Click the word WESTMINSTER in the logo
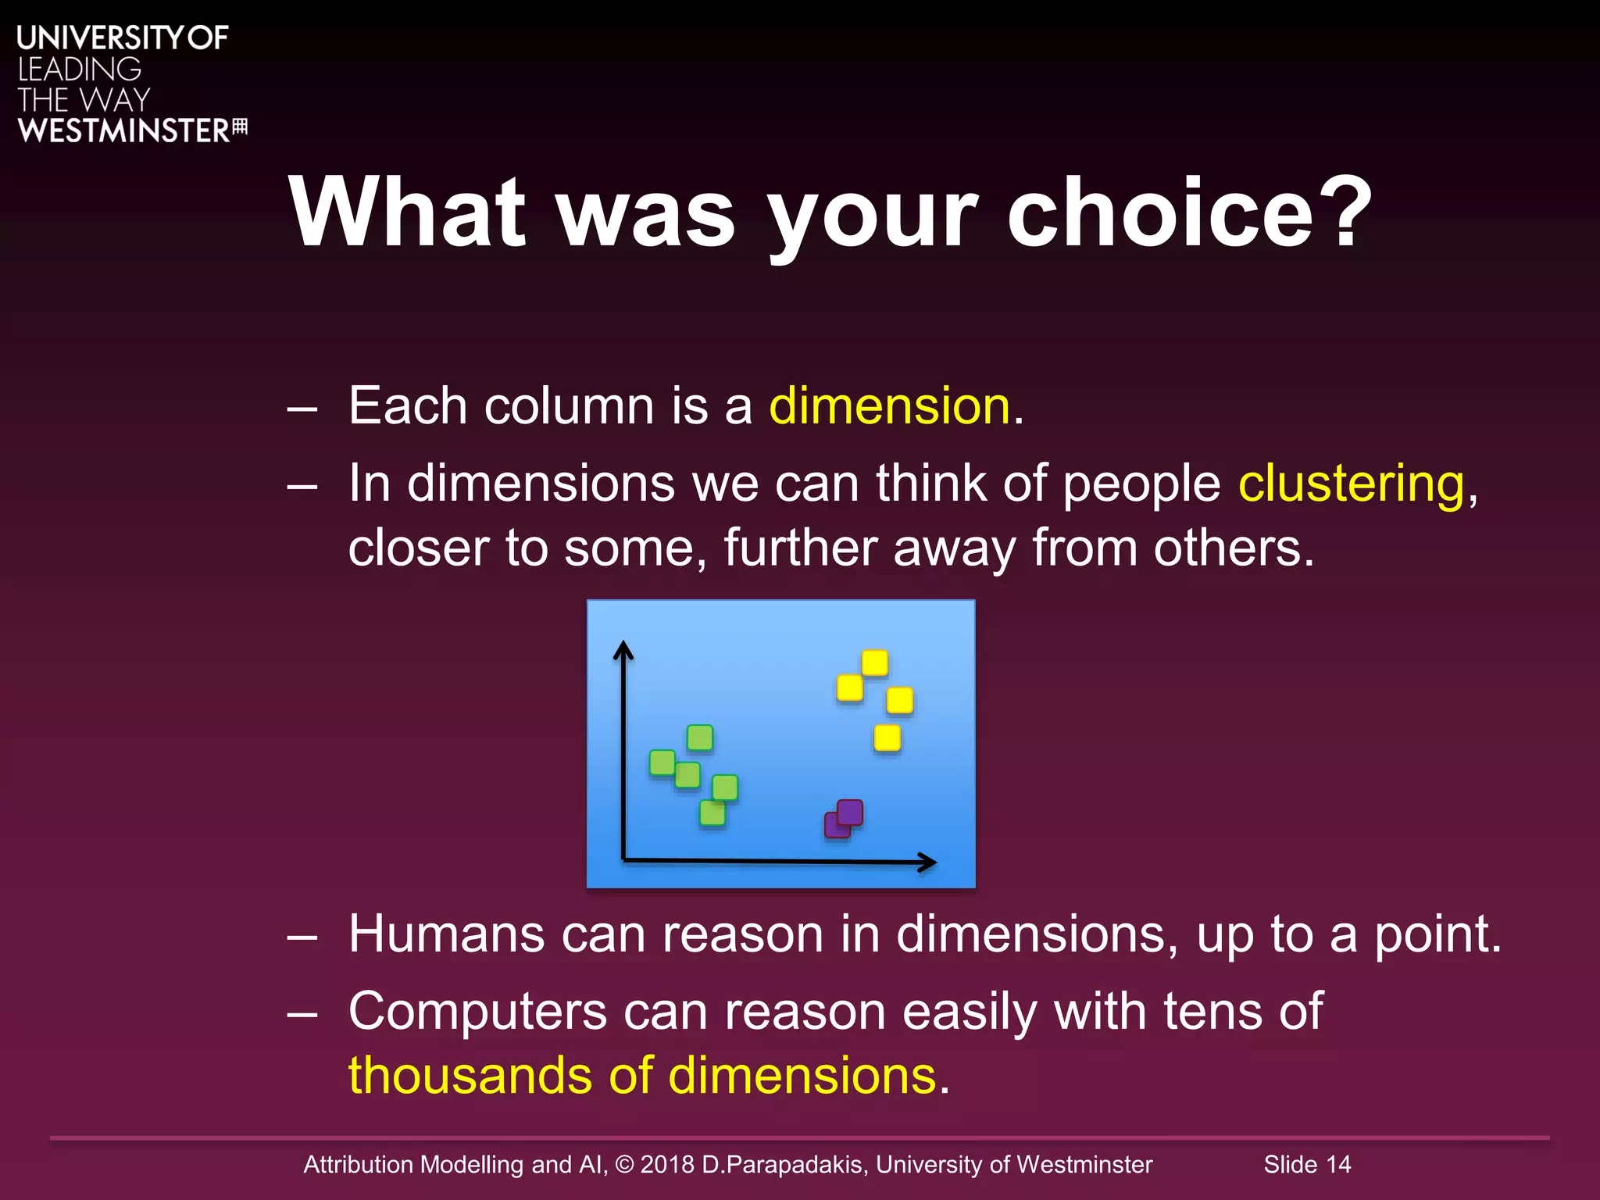[x=123, y=130]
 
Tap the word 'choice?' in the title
[x=1188, y=212]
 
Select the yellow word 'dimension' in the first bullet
[x=890, y=406]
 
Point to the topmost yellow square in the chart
[x=874, y=663]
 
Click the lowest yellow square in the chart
[x=887, y=737]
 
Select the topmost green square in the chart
[x=699, y=737]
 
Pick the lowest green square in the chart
[x=712, y=812]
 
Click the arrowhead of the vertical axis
[x=623, y=648]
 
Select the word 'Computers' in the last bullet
[x=477, y=1011]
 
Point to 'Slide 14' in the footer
[x=1307, y=1164]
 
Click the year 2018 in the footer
[x=666, y=1164]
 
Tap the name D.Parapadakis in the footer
[x=783, y=1164]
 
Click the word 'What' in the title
[x=407, y=212]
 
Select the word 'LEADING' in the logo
[x=79, y=70]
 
